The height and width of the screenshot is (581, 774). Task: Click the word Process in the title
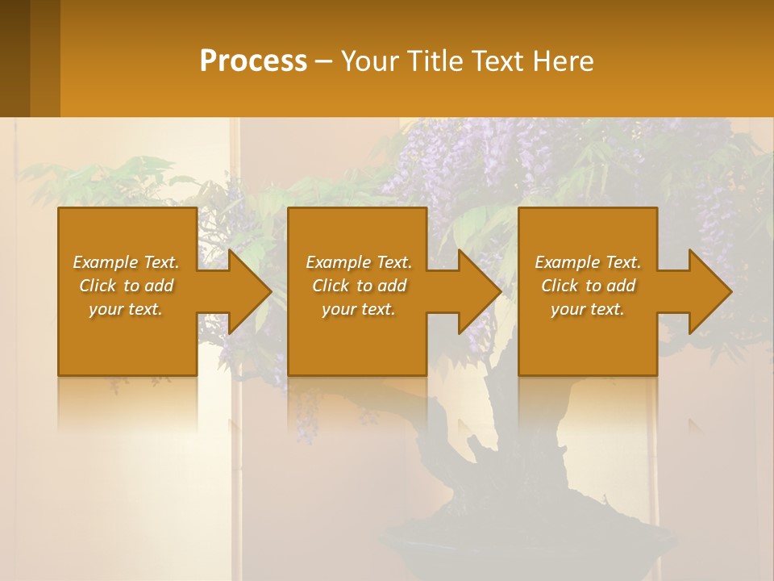tap(253, 61)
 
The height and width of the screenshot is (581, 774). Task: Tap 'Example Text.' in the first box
tap(126, 262)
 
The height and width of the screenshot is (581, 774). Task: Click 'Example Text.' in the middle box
tap(359, 262)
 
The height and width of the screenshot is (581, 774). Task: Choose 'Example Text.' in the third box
tap(588, 262)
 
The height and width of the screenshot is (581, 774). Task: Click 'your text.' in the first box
tap(126, 309)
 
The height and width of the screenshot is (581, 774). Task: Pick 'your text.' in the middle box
tap(359, 309)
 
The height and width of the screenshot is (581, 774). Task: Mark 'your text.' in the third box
tap(588, 309)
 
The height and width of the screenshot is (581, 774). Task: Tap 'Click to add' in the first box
tap(126, 286)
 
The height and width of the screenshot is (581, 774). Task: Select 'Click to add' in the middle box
tap(359, 286)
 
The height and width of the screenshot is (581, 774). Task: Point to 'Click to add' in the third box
tap(588, 286)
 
